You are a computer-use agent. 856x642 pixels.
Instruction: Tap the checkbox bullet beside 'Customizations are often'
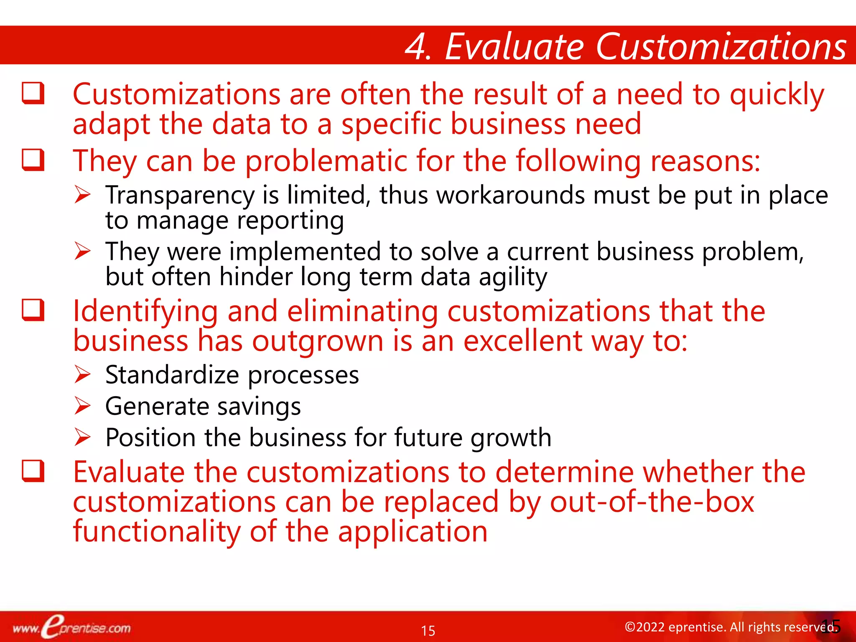coord(33,93)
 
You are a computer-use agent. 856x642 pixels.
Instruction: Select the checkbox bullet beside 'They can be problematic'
coord(33,160)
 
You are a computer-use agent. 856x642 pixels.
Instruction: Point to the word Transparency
coord(180,196)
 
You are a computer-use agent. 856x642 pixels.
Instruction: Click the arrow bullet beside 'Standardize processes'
coord(82,374)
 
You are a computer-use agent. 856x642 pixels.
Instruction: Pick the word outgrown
coord(318,342)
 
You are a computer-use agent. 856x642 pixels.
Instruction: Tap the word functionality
coord(157,532)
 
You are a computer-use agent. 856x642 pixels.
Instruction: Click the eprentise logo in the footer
coord(71,627)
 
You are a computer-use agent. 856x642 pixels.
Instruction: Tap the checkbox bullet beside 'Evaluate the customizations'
coord(33,471)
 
